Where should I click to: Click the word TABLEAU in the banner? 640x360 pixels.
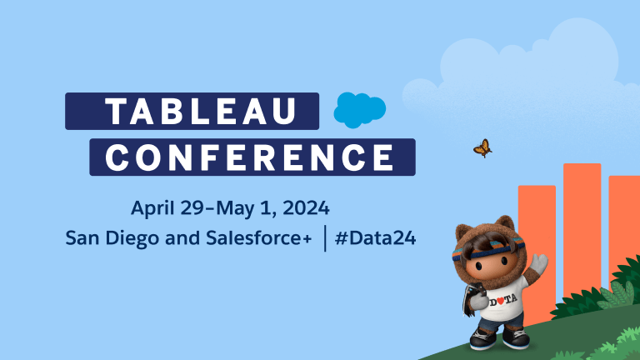200,111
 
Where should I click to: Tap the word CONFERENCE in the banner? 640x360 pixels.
250,157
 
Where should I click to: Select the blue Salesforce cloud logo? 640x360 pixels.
360,110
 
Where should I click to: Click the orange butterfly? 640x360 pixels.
482,148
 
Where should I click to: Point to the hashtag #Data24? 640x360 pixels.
375,238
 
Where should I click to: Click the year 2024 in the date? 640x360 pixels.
306,207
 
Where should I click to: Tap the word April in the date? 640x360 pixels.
152,208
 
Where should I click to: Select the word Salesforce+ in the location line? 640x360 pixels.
259,238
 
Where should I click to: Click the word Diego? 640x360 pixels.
132,239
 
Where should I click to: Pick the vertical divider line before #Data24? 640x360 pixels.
325,238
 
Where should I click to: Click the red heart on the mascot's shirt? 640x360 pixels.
500,301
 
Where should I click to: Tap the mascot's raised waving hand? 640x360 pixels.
539,264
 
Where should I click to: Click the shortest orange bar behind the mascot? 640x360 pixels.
537,253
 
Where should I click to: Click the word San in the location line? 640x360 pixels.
82,238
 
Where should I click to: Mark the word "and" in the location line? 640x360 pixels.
182,238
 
